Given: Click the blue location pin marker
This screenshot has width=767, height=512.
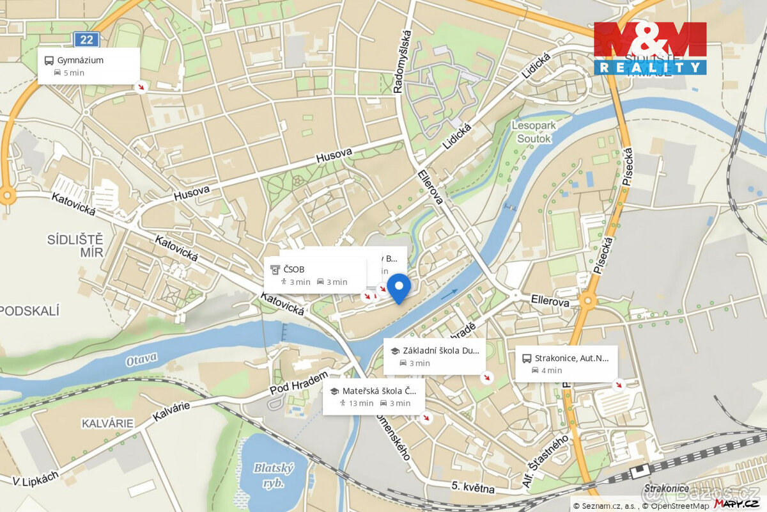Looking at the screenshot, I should [399, 287].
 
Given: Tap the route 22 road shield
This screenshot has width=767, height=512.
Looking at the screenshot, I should [87, 40].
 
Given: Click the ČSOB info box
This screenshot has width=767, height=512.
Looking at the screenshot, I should [314, 275].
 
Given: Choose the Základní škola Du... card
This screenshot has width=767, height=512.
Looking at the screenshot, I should [434, 356].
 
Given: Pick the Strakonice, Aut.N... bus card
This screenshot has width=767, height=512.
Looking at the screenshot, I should [565, 364].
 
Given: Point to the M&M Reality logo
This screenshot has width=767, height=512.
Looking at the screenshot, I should [650, 48].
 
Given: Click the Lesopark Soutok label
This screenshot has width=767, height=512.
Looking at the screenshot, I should [534, 132].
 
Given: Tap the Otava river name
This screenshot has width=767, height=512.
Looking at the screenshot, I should [141, 360].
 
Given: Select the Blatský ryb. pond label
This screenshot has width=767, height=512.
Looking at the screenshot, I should [273, 474].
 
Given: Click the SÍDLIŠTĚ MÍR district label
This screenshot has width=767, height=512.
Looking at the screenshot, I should [75, 245].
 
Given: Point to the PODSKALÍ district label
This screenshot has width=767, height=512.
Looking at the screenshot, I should [29, 311].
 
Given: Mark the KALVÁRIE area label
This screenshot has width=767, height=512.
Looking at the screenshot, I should [107, 423].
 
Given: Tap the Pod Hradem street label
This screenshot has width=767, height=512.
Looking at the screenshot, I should [298, 383].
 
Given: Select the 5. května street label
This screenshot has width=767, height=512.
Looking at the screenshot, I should [473, 488].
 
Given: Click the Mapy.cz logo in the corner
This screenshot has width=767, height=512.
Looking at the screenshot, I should [737, 504].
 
